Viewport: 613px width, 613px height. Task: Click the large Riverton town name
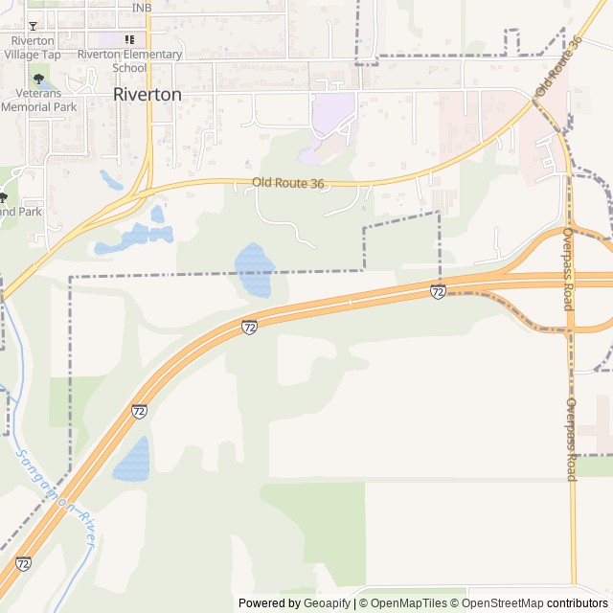(147, 94)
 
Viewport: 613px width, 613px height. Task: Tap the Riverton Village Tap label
(33, 48)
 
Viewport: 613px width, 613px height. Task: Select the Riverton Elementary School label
(129, 60)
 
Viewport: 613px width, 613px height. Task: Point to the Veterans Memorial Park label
(38, 101)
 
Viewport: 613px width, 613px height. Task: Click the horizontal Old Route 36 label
(288, 182)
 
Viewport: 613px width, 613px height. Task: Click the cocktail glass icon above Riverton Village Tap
(33, 26)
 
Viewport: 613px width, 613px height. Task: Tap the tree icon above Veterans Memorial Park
(38, 79)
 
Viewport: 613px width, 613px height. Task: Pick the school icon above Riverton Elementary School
(129, 39)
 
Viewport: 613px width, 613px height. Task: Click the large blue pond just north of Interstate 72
(254, 269)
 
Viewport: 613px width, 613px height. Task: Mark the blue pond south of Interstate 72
(132, 459)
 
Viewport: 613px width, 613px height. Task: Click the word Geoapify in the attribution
(327, 603)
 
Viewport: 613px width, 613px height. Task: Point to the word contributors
(578, 603)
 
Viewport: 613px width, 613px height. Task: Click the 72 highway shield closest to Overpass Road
(438, 292)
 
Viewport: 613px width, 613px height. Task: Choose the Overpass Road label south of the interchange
(571, 439)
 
